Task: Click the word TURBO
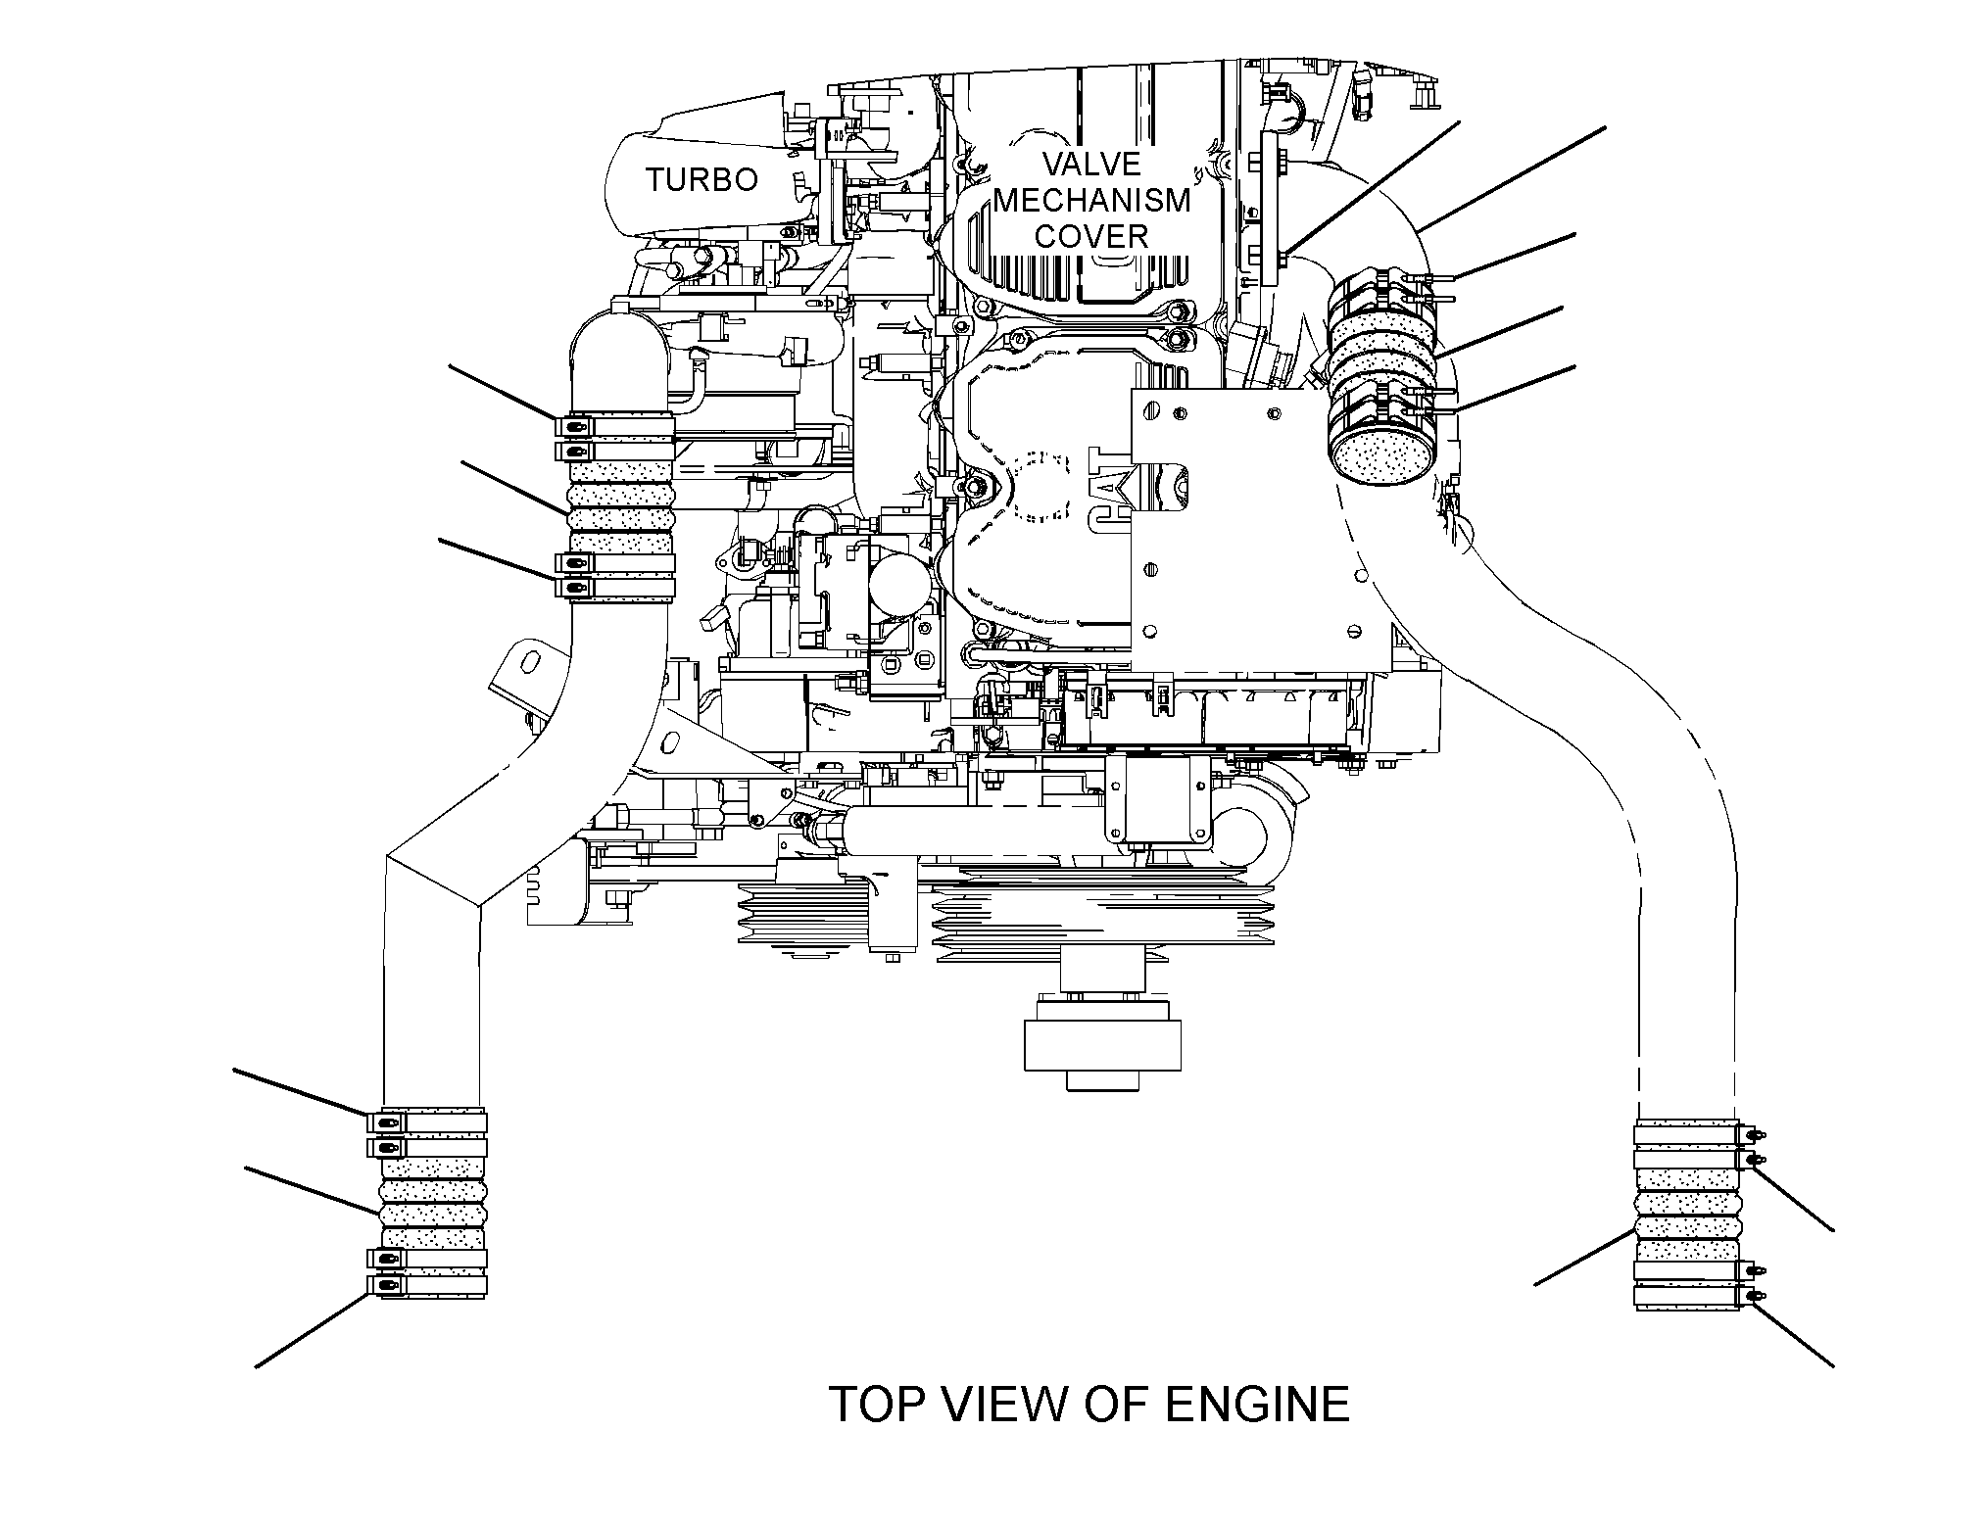coord(702,180)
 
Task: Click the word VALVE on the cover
coord(1091,164)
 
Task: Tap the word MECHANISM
coord(1091,200)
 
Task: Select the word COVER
coord(1091,236)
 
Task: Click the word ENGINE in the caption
coord(1256,1405)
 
